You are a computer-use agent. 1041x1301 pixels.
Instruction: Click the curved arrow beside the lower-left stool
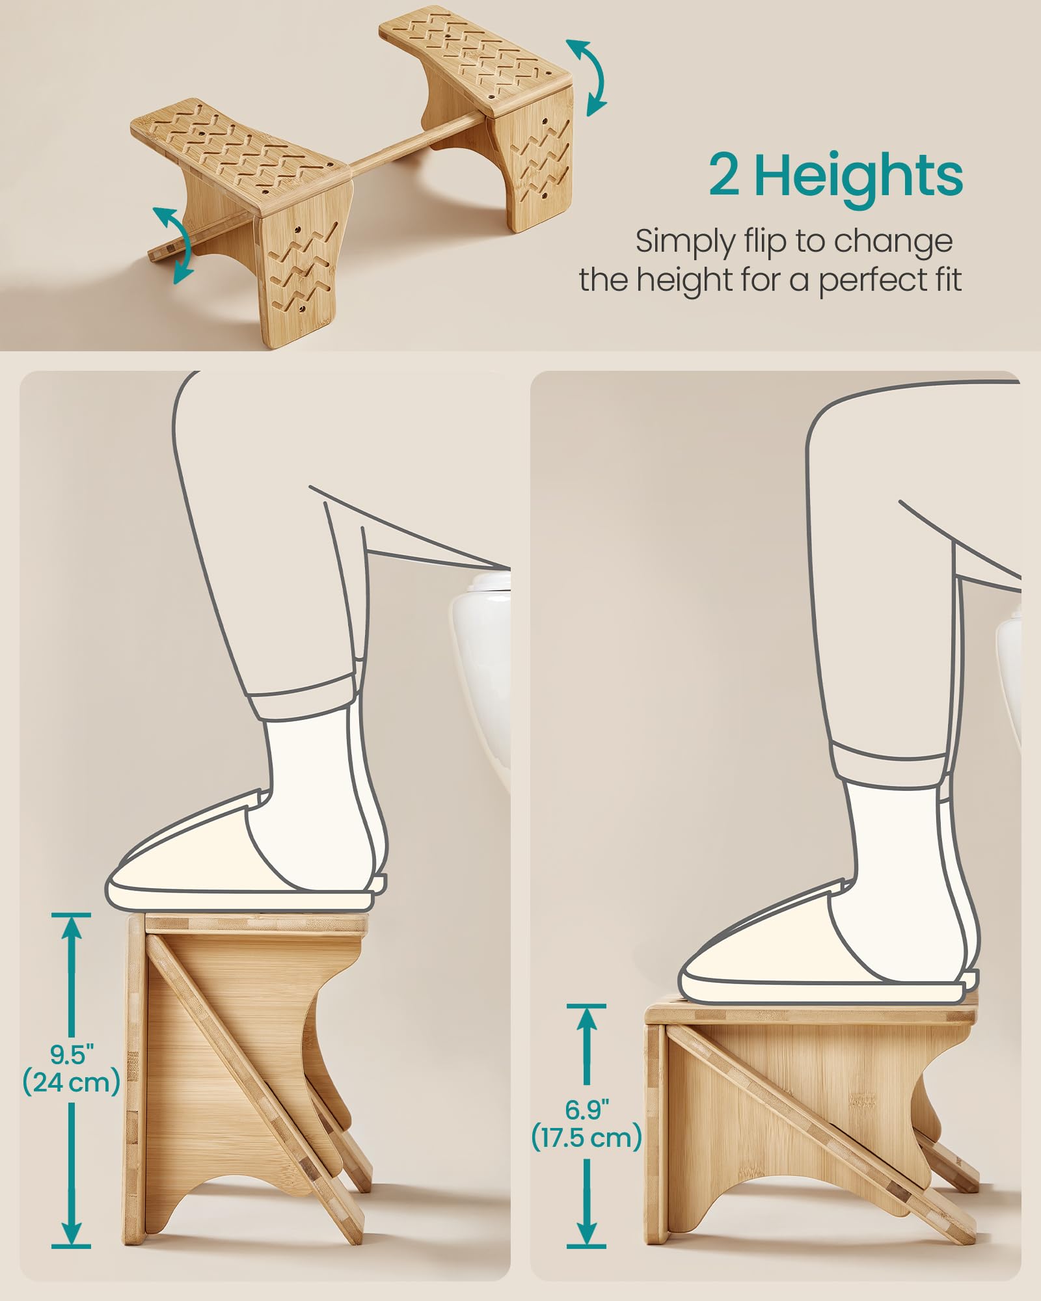click(173, 245)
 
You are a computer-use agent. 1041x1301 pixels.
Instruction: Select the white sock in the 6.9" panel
click(885, 839)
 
